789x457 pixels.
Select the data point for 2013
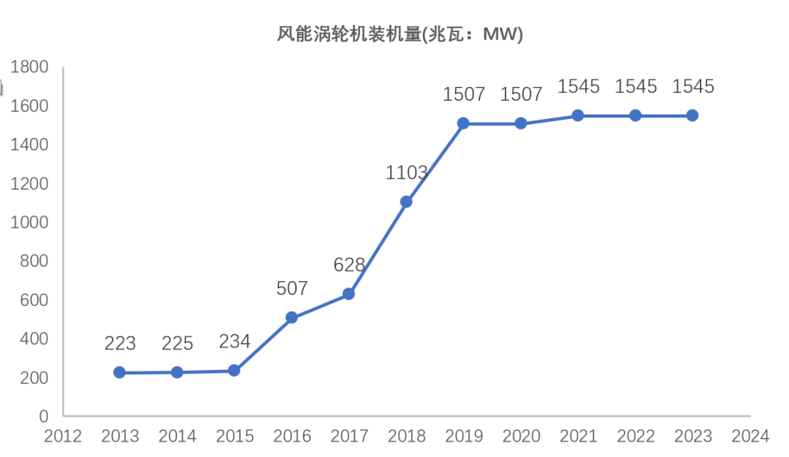pos(120,372)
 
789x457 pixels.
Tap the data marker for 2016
pos(291,318)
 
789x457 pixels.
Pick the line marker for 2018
pos(406,201)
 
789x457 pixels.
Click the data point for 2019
pos(463,123)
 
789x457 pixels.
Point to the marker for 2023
pos(693,115)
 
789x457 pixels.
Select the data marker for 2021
pos(578,115)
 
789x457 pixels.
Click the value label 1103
pos(406,173)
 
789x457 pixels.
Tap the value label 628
pos(349,265)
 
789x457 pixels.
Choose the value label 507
pos(291,288)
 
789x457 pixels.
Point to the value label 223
pos(120,343)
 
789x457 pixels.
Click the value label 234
pos(235,341)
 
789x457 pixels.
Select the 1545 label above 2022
pos(636,86)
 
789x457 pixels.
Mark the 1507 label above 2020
pos(521,94)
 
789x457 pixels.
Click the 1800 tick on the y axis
pos(29,68)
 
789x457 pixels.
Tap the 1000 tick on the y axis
pos(29,223)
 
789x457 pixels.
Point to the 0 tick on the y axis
pos(43,416)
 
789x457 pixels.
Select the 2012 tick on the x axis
pos(63,437)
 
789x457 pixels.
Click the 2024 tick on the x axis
pos(750,437)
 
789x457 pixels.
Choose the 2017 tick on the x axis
pos(349,437)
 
